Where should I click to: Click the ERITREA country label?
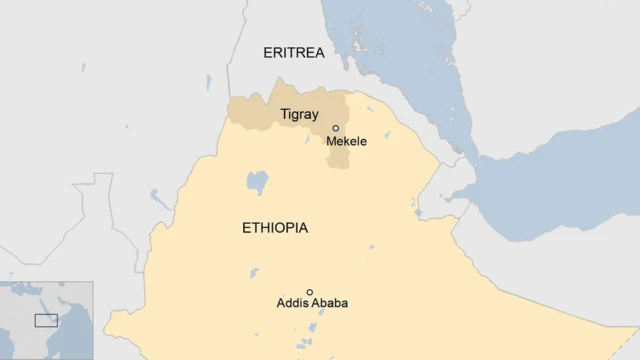click(294, 53)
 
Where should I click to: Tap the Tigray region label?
click(300, 114)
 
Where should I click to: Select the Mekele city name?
click(346, 142)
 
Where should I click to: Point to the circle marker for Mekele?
click(336, 128)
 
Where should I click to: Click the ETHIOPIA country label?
click(275, 228)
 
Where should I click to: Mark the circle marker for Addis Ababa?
click(310, 292)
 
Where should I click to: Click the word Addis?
click(292, 303)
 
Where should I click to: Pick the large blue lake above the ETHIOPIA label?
click(257, 183)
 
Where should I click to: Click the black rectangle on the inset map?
click(46, 320)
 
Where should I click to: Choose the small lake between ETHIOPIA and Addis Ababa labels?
click(254, 272)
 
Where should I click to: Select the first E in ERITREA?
click(267, 53)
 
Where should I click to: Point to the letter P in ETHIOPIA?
click(291, 228)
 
